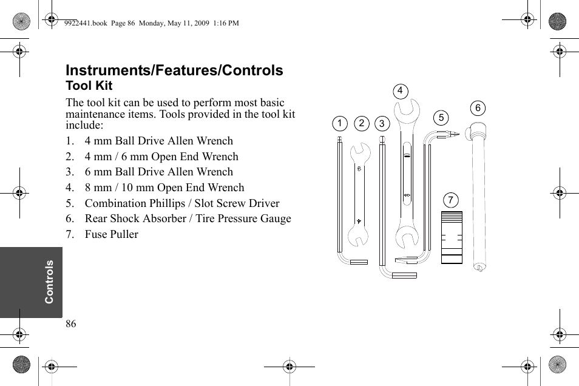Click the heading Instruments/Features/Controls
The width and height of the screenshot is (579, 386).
tap(174, 70)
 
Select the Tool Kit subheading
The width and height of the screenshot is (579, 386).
tap(89, 86)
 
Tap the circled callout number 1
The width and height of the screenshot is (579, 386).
tap(339, 124)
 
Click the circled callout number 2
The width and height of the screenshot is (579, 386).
tap(361, 124)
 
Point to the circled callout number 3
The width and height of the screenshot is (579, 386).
tap(381, 124)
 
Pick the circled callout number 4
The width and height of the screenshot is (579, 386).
tap(400, 92)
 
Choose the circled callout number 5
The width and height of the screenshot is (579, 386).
tap(441, 118)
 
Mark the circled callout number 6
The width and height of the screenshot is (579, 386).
tap(478, 109)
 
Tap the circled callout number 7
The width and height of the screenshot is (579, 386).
tap(450, 200)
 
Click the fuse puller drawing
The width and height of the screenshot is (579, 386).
tap(452, 237)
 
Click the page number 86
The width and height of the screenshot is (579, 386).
tap(71, 324)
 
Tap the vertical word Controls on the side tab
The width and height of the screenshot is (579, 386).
tap(49, 282)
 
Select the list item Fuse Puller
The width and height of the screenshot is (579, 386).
tap(111, 234)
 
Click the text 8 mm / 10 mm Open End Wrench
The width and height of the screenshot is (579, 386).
tap(164, 188)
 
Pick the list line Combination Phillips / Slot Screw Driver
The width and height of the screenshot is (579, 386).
tap(181, 203)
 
